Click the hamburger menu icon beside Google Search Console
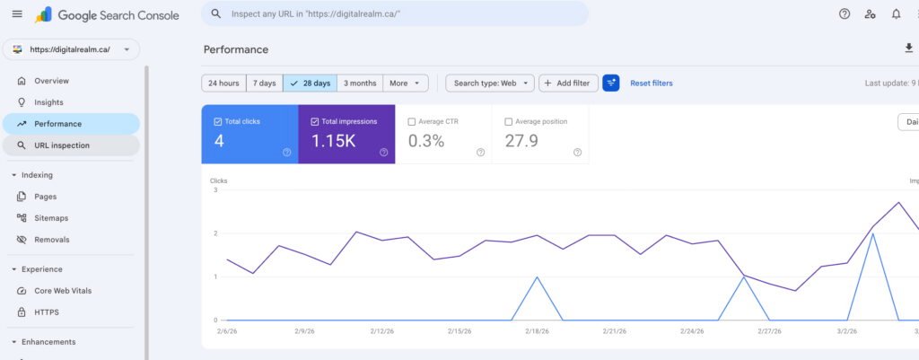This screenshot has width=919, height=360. [17, 14]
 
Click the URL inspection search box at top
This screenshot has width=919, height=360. [395, 14]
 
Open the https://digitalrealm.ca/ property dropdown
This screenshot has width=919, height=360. [71, 49]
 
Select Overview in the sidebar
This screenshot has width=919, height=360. [51, 81]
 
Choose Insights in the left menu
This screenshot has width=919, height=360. [48, 102]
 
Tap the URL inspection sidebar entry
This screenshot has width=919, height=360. [61, 145]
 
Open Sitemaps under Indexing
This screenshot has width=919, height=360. [51, 218]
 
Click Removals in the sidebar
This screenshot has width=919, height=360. [51, 240]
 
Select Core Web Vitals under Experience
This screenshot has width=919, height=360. [63, 291]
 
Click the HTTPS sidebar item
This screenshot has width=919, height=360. [47, 312]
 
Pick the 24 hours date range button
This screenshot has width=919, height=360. [223, 83]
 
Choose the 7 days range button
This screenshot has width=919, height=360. [264, 83]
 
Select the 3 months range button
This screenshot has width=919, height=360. [360, 83]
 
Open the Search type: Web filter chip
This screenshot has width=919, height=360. [490, 83]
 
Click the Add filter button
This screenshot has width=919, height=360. [567, 83]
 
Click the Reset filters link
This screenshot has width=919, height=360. [651, 83]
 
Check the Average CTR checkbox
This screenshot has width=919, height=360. [412, 121]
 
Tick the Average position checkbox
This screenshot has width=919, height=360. [509, 121]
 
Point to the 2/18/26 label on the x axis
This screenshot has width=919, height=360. [536, 331]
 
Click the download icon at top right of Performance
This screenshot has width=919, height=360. [908, 48]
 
